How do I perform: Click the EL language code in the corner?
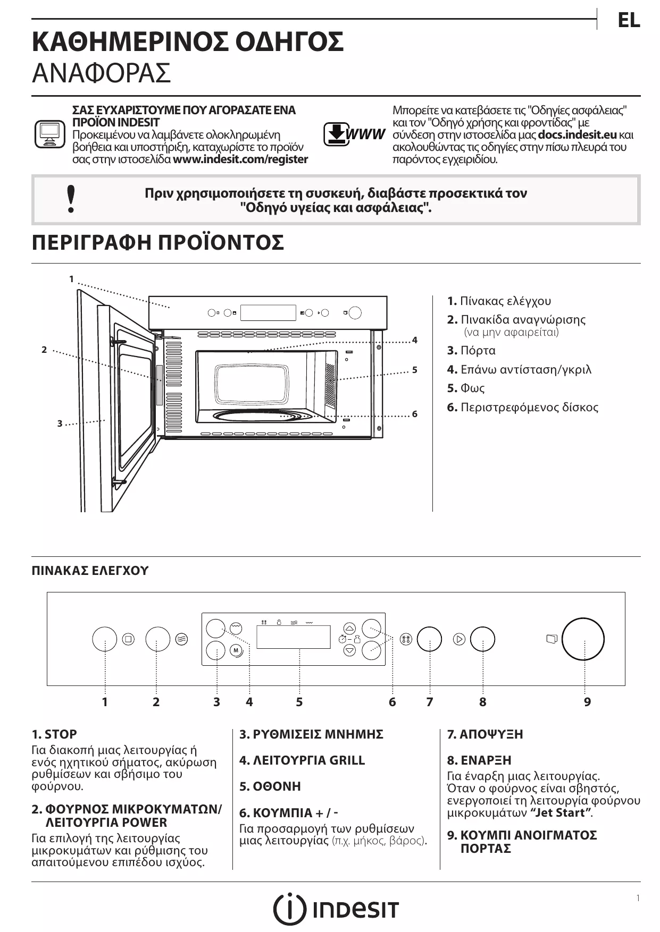pos(629,20)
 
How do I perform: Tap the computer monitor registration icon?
pos(49,134)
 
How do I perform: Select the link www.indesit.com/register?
pos(240,159)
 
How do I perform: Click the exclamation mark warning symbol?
pos(71,199)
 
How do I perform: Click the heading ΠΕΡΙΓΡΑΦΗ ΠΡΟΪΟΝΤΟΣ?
pos(158,243)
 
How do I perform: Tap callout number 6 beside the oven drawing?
pos(415,414)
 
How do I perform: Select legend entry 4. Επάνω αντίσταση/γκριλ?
pos(519,369)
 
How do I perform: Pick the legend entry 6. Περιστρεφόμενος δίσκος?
pos(523,408)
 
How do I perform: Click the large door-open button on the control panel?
pos(583,639)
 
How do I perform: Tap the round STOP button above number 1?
pos(104,639)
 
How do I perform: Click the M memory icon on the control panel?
pos(236,650)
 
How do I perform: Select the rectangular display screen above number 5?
pos(293,637)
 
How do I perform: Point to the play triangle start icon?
pos(459,639)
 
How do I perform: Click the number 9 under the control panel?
pos(587,702)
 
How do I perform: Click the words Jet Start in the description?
pos(561,813)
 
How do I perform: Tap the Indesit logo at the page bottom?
pos(336,909)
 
